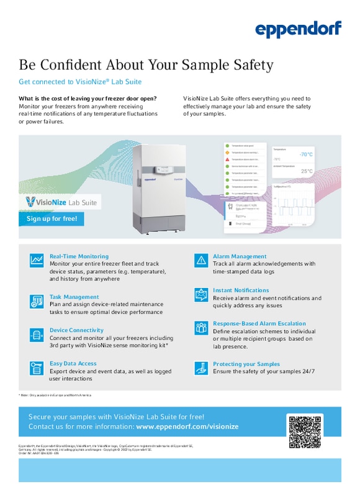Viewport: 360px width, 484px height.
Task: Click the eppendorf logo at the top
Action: pyautogui.click(x=298, y=30)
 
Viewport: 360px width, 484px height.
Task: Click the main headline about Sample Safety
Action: pyautogui.click(x=146, y=65)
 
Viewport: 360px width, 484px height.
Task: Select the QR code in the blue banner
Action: pyautogui.click(x=304, y=431)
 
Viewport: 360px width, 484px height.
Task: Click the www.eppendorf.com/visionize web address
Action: pyautogui.click(x=187, y=427)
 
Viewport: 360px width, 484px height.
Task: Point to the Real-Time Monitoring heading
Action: pyautogui.click(x=79, y=256)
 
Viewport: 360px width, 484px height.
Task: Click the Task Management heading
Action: pyautogui.click(x=74, y=297)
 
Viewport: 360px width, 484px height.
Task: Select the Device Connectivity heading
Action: pyautogui.click(x=76, y=330)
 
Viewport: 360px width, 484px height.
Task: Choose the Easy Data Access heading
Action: pyautogui.click(x=73, y=364)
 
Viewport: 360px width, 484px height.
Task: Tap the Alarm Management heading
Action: pyautogui.click(x=240, y=256)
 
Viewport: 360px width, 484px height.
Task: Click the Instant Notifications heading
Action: pyautogui.click(x=241, y=290)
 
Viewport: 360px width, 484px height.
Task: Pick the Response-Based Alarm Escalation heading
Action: pyautogui.click(x=259, y=323)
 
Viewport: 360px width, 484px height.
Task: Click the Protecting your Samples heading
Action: pyautogui.click(x=246, y=364)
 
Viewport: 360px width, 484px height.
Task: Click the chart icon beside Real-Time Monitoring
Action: pyautogui.click(x=37, y=261)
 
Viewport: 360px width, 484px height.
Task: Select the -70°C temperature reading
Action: pyautogui.click(x=305, y=154)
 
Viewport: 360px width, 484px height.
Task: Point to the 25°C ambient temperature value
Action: pyautogui.click(x=307, y=171)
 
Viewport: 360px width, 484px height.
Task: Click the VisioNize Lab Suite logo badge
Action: pyautogui.click(x=60, y=202)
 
